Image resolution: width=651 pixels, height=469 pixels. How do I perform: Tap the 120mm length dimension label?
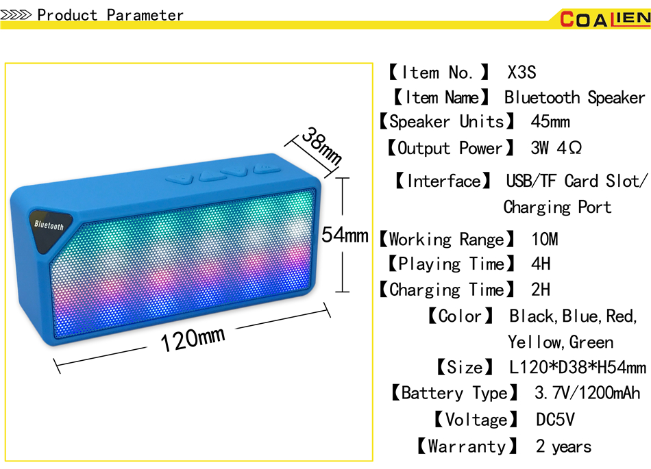click(193, 338)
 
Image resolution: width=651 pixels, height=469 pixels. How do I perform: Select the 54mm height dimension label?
click(345, 235)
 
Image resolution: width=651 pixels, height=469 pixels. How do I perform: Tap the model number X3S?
click(521, 73)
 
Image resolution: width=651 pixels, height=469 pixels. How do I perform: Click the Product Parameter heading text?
click(110, 15)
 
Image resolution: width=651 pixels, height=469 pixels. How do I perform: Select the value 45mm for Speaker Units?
click(550, 123)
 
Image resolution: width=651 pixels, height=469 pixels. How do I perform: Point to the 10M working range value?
click(545, 240)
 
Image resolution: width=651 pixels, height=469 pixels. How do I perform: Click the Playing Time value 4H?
click(540, 264)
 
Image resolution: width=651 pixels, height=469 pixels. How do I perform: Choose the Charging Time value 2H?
click(540, 290)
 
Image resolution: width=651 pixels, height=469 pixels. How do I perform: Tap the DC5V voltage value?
click(555, 420)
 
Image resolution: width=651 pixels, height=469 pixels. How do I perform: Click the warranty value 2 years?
click(563, 446)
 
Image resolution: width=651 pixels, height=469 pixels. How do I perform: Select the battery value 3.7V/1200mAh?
click(587, 393)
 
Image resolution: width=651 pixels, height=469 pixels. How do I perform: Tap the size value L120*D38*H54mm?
click(577, 368)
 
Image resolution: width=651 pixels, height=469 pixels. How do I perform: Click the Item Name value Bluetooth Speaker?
click(574, 98)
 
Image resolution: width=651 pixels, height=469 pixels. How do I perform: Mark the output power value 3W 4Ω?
click(556, 148)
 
